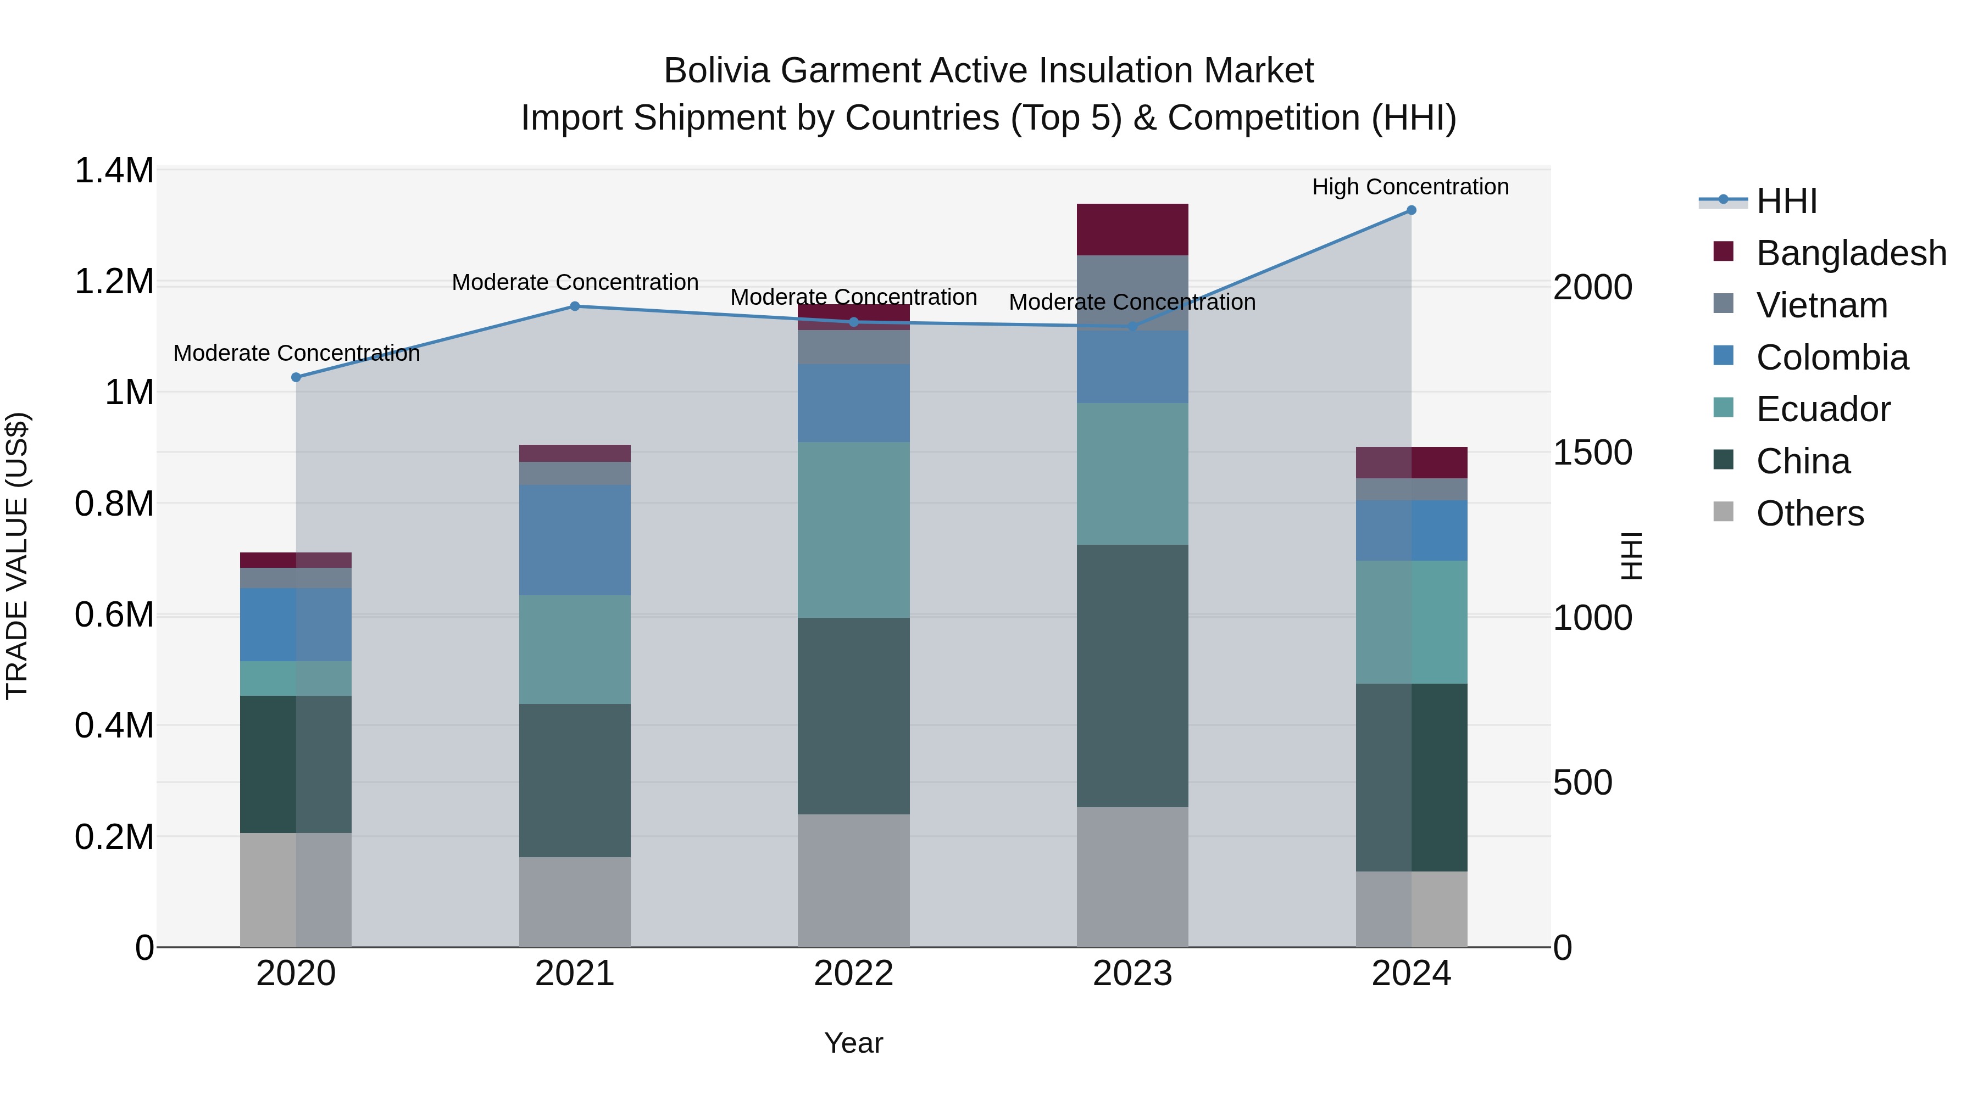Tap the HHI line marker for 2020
296,378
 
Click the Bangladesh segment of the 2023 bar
1132,230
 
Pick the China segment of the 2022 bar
854,716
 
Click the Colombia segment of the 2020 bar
296,625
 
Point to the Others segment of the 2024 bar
1412,909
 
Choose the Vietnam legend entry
1821,305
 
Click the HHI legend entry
1787,201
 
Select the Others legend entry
1810,513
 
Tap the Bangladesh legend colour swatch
1724,252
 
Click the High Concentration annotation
1410,187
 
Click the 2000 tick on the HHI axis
1592,288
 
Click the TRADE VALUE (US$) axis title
17,556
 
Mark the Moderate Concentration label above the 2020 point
296,354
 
